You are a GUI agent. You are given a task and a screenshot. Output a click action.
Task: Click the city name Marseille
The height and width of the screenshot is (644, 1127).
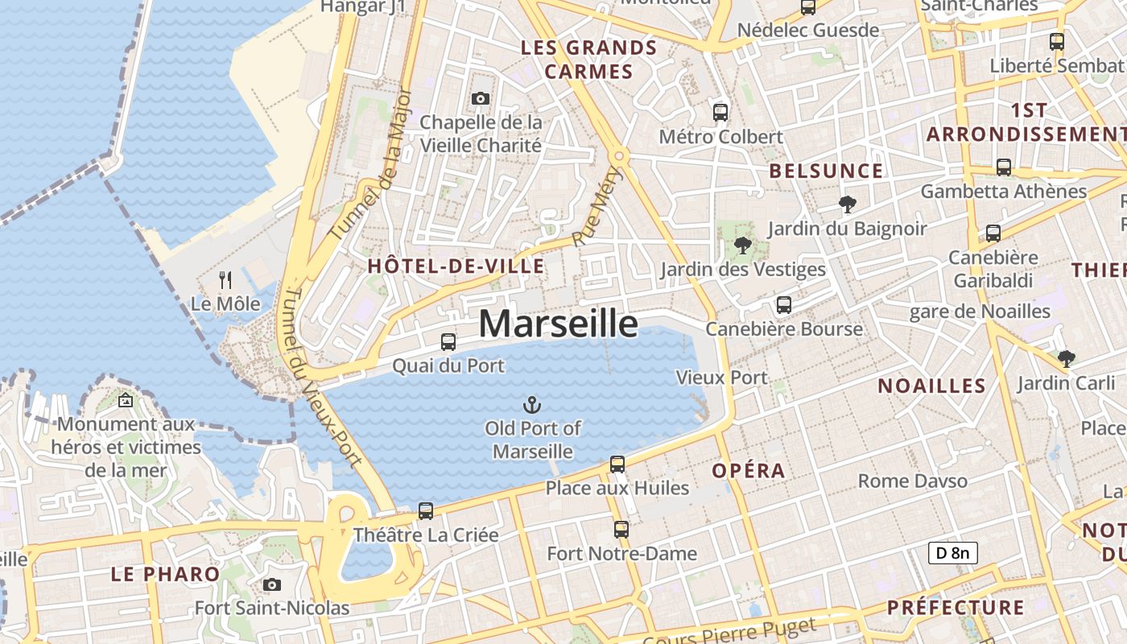(558, 324)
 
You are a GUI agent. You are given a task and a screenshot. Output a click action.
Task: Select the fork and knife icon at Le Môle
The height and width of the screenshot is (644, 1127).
(225, 280)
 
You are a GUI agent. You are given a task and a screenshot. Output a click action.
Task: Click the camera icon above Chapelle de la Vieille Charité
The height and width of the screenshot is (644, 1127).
(481, 98)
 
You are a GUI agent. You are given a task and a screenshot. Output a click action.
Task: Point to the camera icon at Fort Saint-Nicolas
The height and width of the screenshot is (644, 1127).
(272, 584)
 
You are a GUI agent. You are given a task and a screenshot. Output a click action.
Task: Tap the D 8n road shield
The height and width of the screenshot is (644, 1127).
(953, 552)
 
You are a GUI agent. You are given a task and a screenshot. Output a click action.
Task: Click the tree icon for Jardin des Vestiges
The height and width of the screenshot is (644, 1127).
(742, 246)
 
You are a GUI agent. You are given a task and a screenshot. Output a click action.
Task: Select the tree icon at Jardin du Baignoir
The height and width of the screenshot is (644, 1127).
(847, 204)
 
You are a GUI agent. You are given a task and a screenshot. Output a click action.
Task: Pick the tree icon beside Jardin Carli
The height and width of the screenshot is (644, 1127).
(1067, 358)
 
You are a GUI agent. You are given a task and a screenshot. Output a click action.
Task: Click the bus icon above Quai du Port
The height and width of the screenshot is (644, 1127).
(448, 341)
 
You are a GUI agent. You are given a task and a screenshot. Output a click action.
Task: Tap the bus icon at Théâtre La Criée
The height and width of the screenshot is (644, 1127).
(426, 511)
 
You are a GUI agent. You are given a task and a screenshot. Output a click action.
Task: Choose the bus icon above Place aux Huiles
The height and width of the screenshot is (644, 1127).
(617, 464)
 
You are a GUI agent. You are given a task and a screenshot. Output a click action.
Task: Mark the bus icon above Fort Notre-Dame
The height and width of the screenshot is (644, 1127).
(621, 530)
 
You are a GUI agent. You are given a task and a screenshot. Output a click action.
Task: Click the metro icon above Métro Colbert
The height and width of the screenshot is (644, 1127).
(720, 113)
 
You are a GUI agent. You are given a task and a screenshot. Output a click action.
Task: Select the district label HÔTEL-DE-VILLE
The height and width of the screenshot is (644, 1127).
(456, 266)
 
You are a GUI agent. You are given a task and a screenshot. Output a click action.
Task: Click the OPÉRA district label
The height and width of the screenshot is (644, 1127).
(748, 471)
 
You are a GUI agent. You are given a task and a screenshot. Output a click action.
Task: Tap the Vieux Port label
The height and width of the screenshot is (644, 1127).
(721, 377)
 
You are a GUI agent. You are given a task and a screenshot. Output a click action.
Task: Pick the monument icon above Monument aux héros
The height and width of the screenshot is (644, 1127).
(126, 399)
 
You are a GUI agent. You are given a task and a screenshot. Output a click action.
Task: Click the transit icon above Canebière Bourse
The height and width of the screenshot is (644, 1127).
(783, 305)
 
